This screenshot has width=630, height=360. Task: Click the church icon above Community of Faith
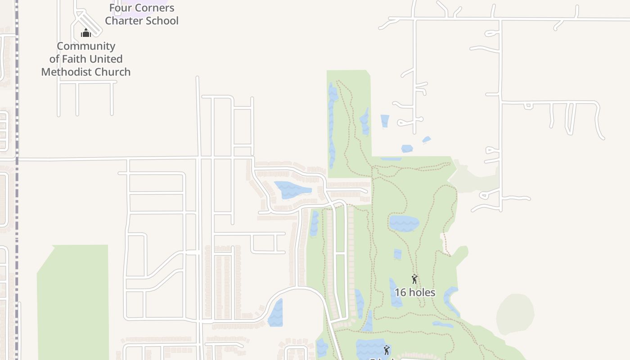86,33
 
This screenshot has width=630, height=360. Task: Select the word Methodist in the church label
63,72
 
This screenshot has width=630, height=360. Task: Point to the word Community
86,46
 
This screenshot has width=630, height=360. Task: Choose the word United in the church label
106,59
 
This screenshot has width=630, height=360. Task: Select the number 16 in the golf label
400,292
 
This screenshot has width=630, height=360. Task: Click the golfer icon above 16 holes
414,279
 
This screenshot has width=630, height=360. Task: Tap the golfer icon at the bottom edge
386,350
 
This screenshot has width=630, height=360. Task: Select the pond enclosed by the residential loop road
291,189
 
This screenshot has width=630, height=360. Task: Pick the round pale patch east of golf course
515,314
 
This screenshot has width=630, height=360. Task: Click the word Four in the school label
119,8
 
